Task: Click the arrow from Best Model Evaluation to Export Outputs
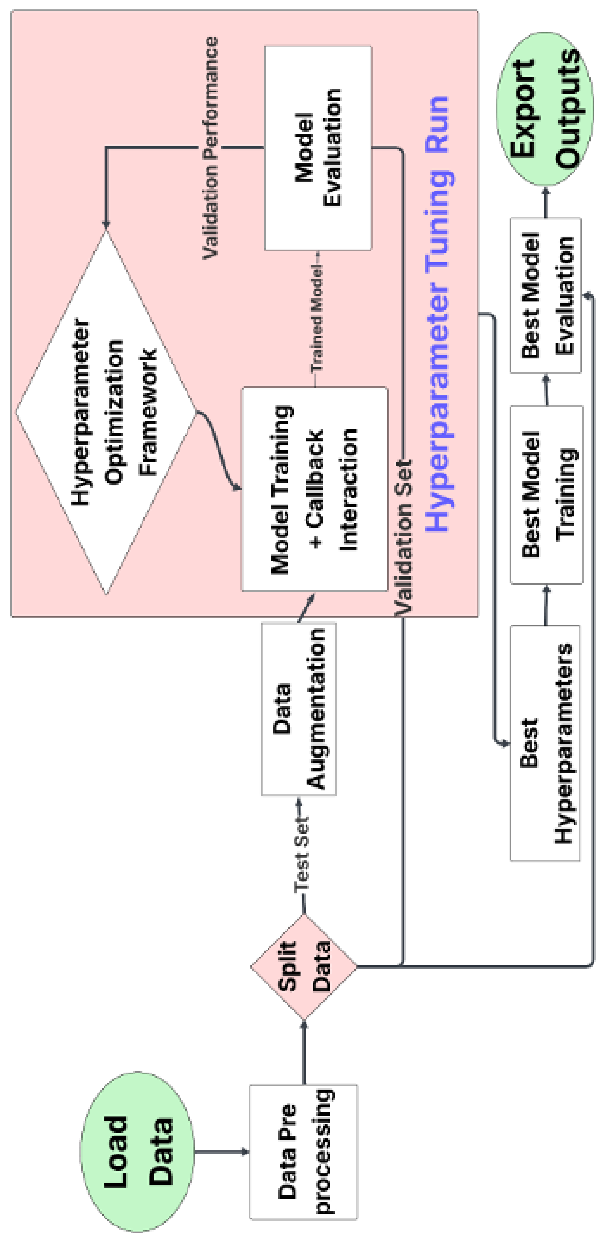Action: [x=546, y=202]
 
